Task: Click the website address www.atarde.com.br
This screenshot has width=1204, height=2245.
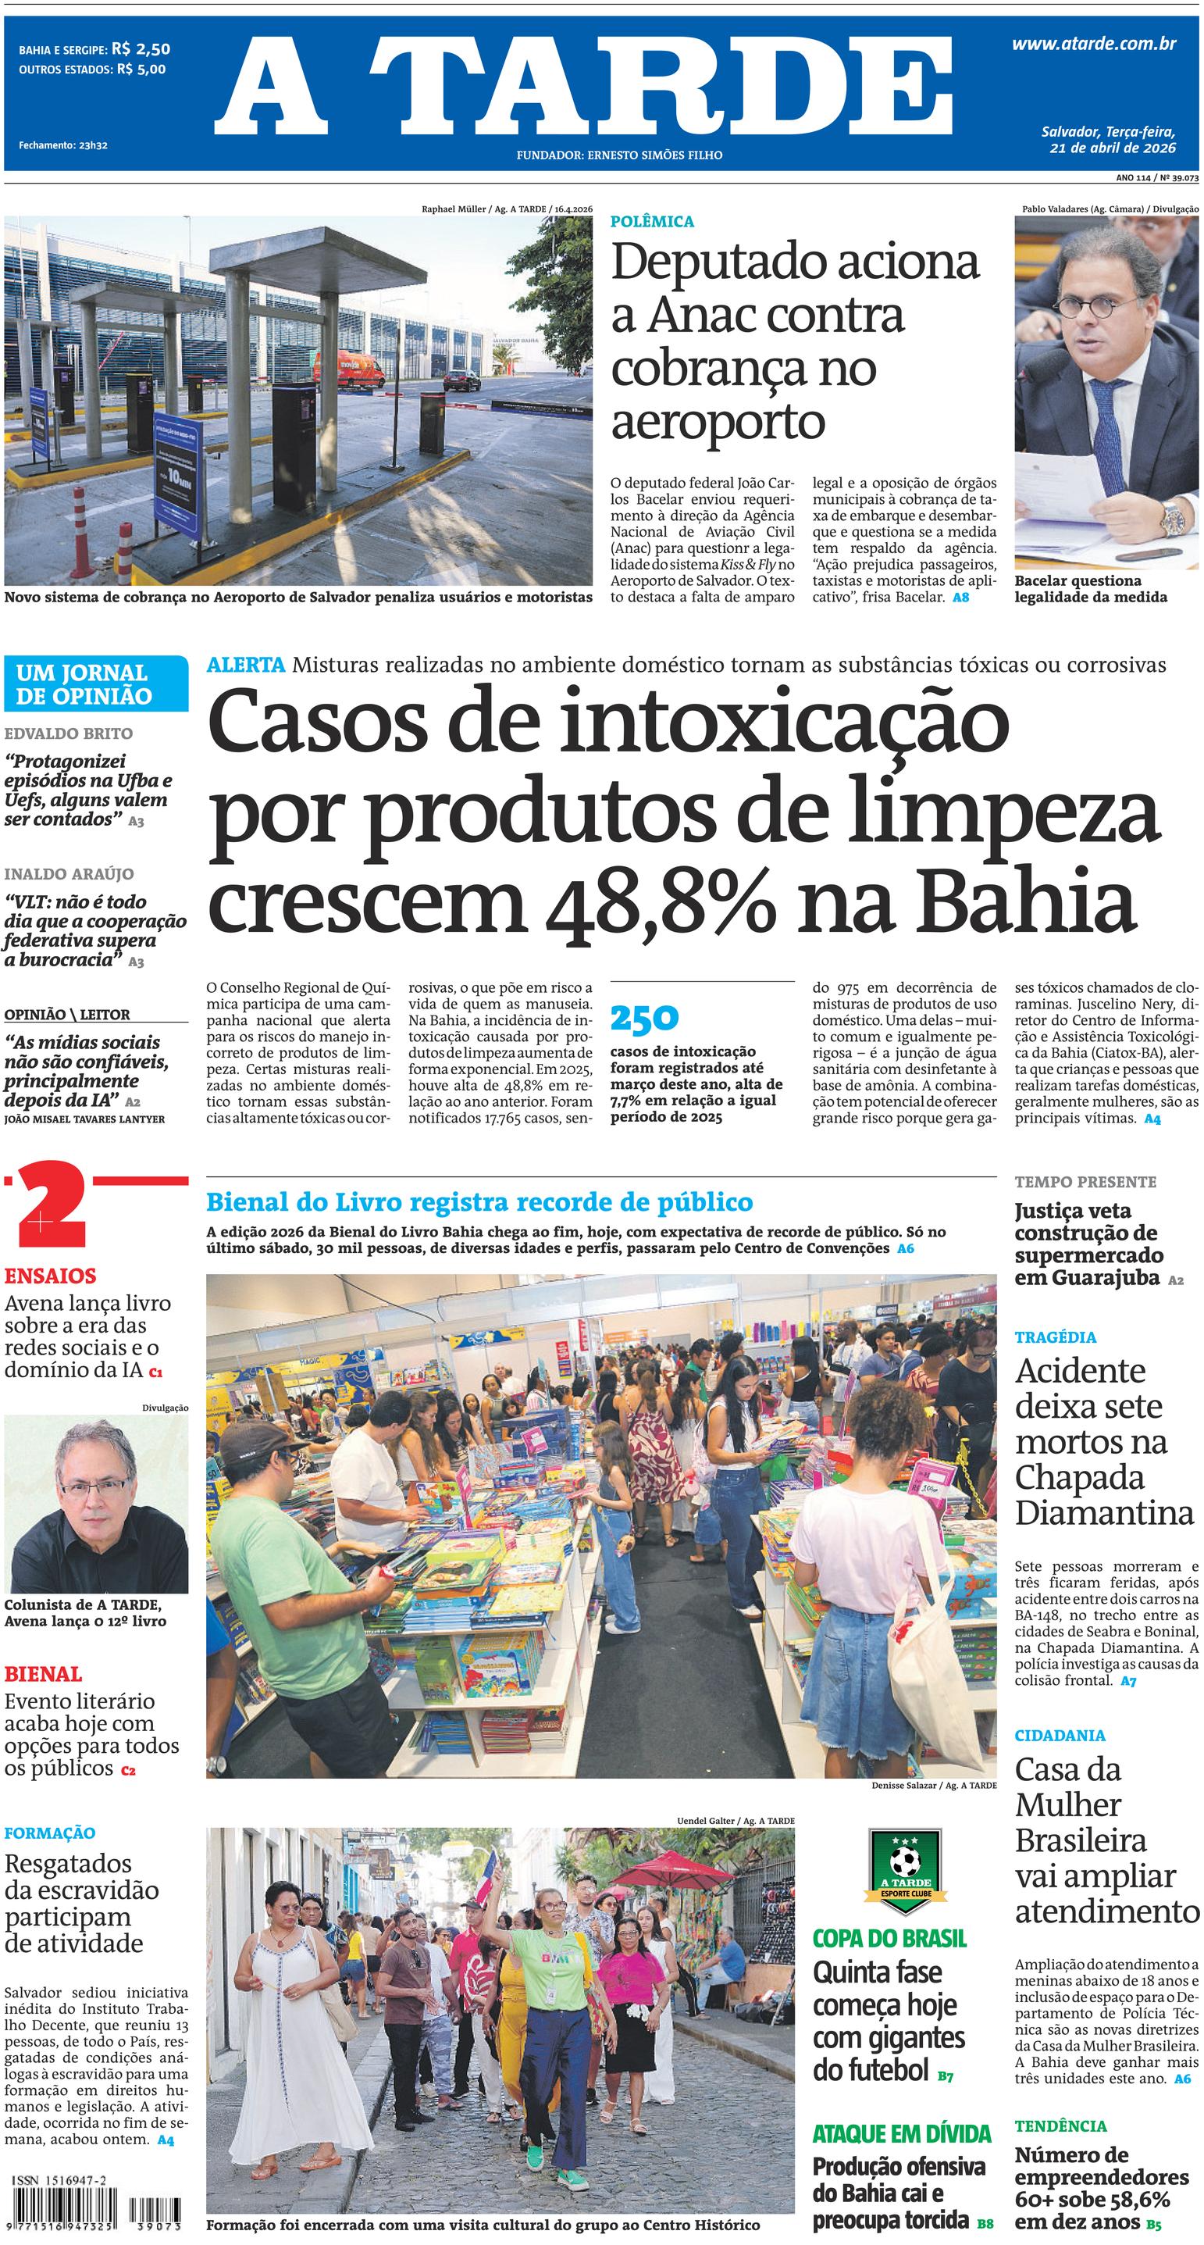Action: click(x=1093, y=45)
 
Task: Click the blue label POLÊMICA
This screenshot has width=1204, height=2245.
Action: click(x=652, y=221)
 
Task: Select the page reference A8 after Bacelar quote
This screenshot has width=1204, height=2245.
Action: click(x=960, y=598)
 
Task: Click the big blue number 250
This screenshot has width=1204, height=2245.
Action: click(x=644, y=1017)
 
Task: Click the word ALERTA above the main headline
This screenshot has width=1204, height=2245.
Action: click(x=246, y=665)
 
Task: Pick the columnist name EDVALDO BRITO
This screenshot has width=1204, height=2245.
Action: click(x=69, y=733)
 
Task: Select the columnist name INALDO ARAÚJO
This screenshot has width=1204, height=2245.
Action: click(x=69, y=873)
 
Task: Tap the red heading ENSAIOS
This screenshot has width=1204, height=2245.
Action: click(x=50, y=1276)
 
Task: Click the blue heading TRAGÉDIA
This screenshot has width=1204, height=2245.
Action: click(x=1055, y=1337)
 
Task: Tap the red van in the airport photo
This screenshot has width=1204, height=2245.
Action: click(x=360, y=369)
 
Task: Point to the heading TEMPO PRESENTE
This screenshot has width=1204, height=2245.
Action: click(x=1085, y=1182)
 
